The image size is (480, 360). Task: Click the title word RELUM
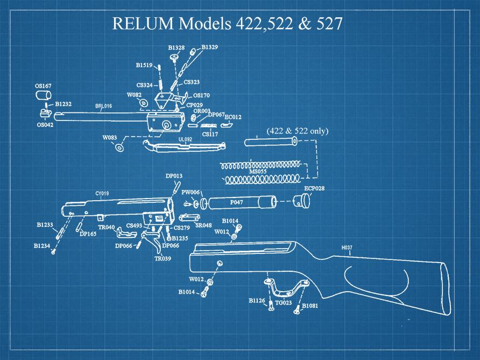pos(143,24)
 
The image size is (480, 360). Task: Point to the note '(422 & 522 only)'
pos(297,131)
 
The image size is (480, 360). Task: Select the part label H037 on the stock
pos(347,248)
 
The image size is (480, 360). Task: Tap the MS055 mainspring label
pos(258,172)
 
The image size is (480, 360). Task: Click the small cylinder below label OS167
pos(43,96)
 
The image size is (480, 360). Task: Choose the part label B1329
pos(209,48)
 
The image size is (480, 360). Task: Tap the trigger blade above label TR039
pos(156,244)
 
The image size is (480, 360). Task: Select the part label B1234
pos(42,245)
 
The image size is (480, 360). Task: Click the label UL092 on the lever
pos(185,139)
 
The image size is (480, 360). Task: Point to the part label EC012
pos(233,117)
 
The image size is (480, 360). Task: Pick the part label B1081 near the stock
pos(311,306)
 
